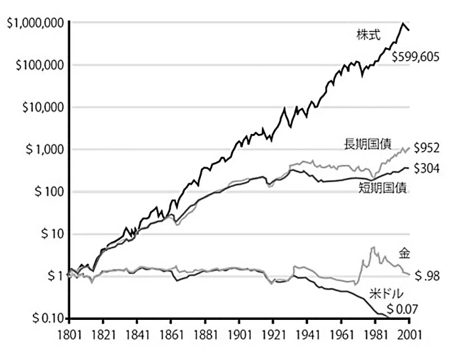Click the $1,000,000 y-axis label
[x=35, y=24]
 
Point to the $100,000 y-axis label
[x=39, y=65]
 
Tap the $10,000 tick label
[x=43, y=108]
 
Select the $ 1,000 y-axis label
[x=45, y=150]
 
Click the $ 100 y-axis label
[x=49, y=192]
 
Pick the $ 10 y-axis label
[x=53, y=234]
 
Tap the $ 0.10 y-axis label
[x=48, y=319]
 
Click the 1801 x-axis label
[x=68, y=335]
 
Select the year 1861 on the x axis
[x=171, y=335]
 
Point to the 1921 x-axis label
[x=273, y=335]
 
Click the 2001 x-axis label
[x=409, y=335]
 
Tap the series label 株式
[x=368, y=35]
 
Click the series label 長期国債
[x=368, y=145]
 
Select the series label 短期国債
[x=383, y=188]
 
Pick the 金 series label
[x=405, y=254]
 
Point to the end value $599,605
[x=416, y=56]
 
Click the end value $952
[x=426, y=148]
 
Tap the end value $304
[x=426, y=168]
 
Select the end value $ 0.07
[x=403, y=309]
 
